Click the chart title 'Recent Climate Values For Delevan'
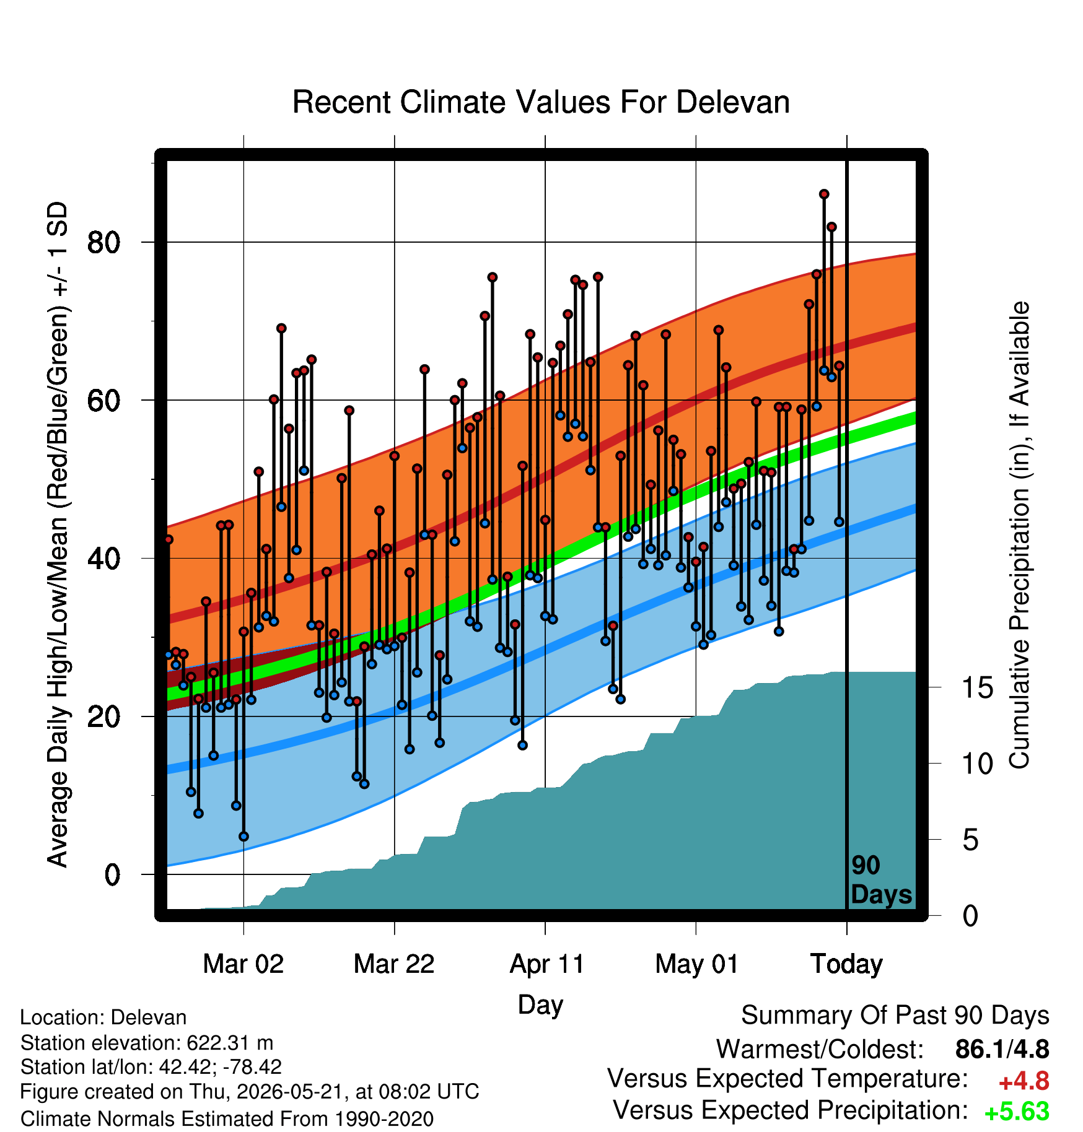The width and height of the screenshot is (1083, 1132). tap(541, 102)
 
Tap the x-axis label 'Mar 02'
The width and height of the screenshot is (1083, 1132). tap(243, 964)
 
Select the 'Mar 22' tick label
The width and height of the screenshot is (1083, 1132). tap(394, 964)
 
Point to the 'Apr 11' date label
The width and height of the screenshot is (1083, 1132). tap(546, 964)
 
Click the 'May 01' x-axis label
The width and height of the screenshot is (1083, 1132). tap(697, 964)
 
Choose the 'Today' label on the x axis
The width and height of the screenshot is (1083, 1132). tap(847, 964)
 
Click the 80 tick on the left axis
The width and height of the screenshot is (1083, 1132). tap(103, 242)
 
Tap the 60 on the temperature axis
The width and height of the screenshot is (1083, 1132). tap(103, 401)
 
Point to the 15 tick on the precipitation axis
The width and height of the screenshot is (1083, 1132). tap(978, 687)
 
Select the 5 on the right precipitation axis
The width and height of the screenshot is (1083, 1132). tap(971, 840)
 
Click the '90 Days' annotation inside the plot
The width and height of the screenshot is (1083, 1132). tap(881, 880)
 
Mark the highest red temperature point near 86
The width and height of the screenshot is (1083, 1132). tap(824, 194)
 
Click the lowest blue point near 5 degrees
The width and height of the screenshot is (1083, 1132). tap(243, 837)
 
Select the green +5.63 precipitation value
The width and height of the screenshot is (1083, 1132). tap(1017, 1112)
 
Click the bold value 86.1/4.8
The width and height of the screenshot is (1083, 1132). tap(1002, 1049)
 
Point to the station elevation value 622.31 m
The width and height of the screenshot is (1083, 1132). tap(230, 1043)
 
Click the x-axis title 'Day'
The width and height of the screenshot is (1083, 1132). tap(540, 1004)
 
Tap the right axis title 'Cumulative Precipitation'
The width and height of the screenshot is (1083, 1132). tap(1019, 535)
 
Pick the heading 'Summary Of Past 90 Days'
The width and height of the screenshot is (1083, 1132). tap(895, 1016)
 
